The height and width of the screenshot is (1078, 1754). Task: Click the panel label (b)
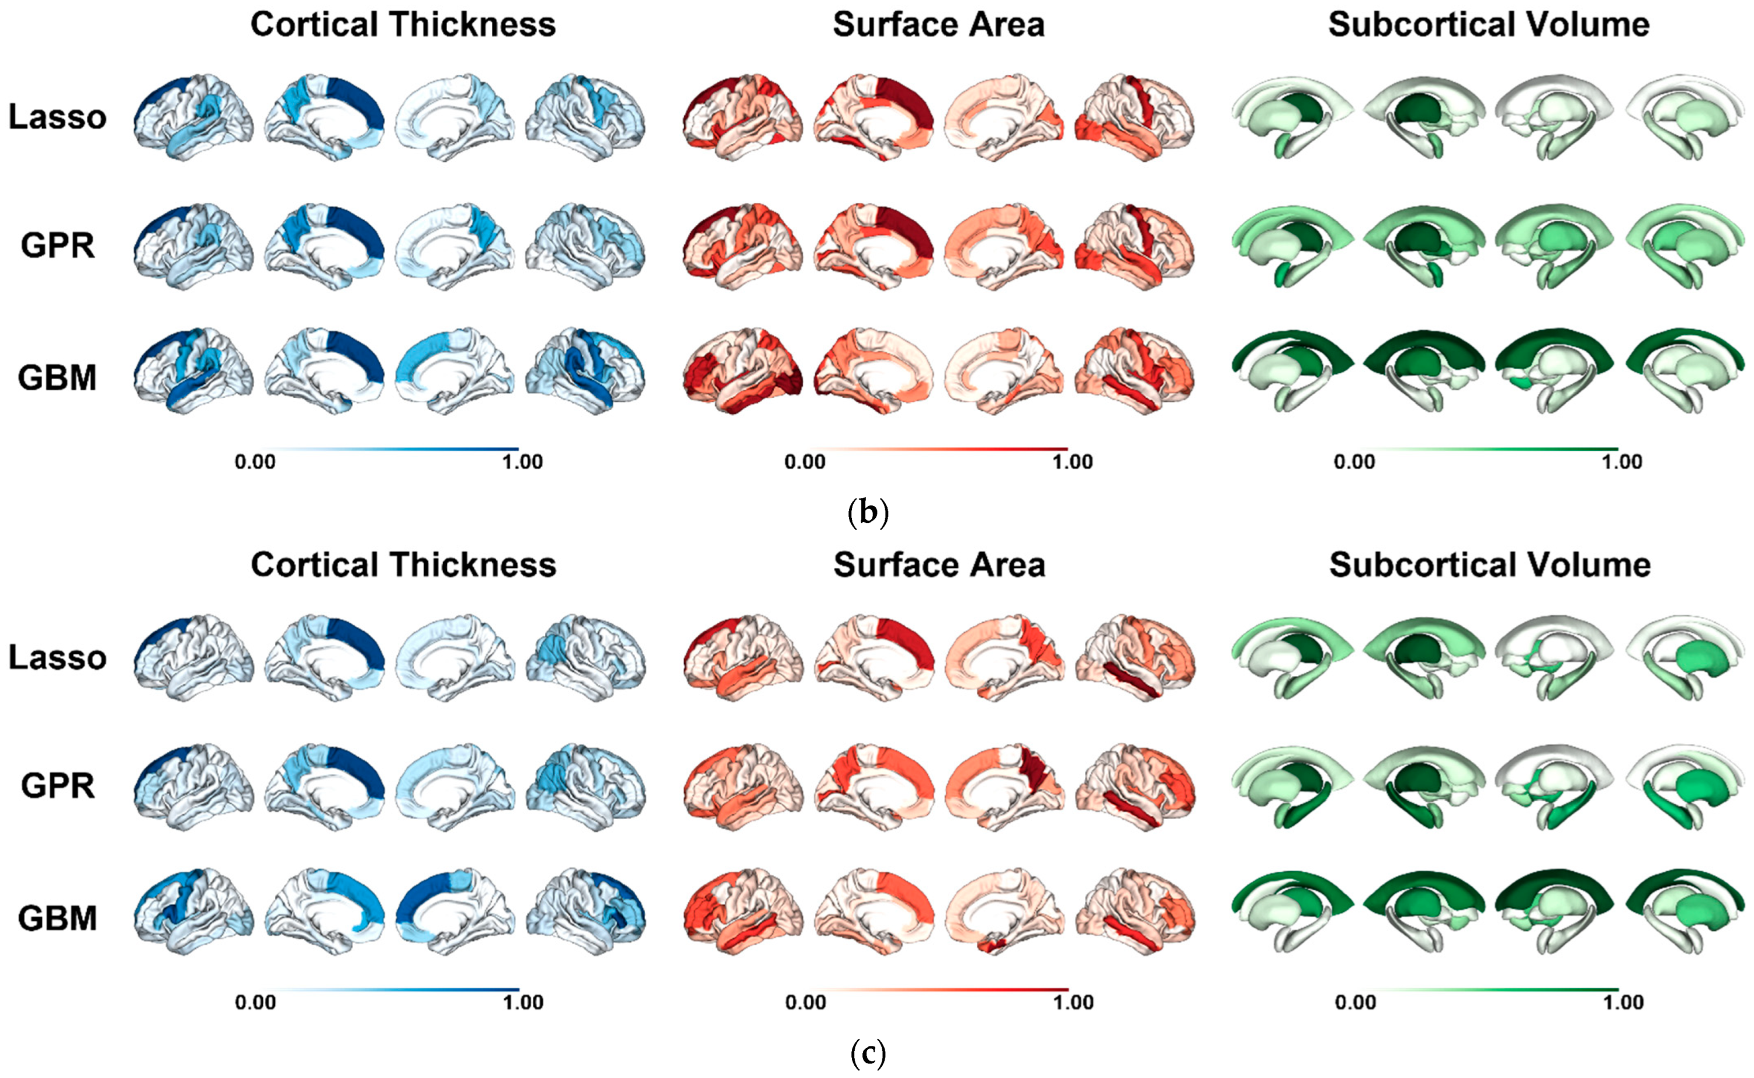point(868,512)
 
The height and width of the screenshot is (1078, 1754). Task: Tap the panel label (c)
point(868,1053)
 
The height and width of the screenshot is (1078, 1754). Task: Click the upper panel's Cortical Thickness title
point(403,25)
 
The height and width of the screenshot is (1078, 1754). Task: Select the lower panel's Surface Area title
point(939,566)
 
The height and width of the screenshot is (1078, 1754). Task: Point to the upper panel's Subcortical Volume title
point(1489,25)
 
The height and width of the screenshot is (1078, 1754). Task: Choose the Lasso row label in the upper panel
point(57,117)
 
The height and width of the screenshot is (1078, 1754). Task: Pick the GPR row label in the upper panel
point(57,245)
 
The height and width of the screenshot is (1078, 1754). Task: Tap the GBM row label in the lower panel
point(57,918)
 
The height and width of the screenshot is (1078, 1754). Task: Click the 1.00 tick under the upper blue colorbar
point(522,462)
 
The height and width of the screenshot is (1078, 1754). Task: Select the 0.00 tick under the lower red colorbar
point(805,1003)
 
